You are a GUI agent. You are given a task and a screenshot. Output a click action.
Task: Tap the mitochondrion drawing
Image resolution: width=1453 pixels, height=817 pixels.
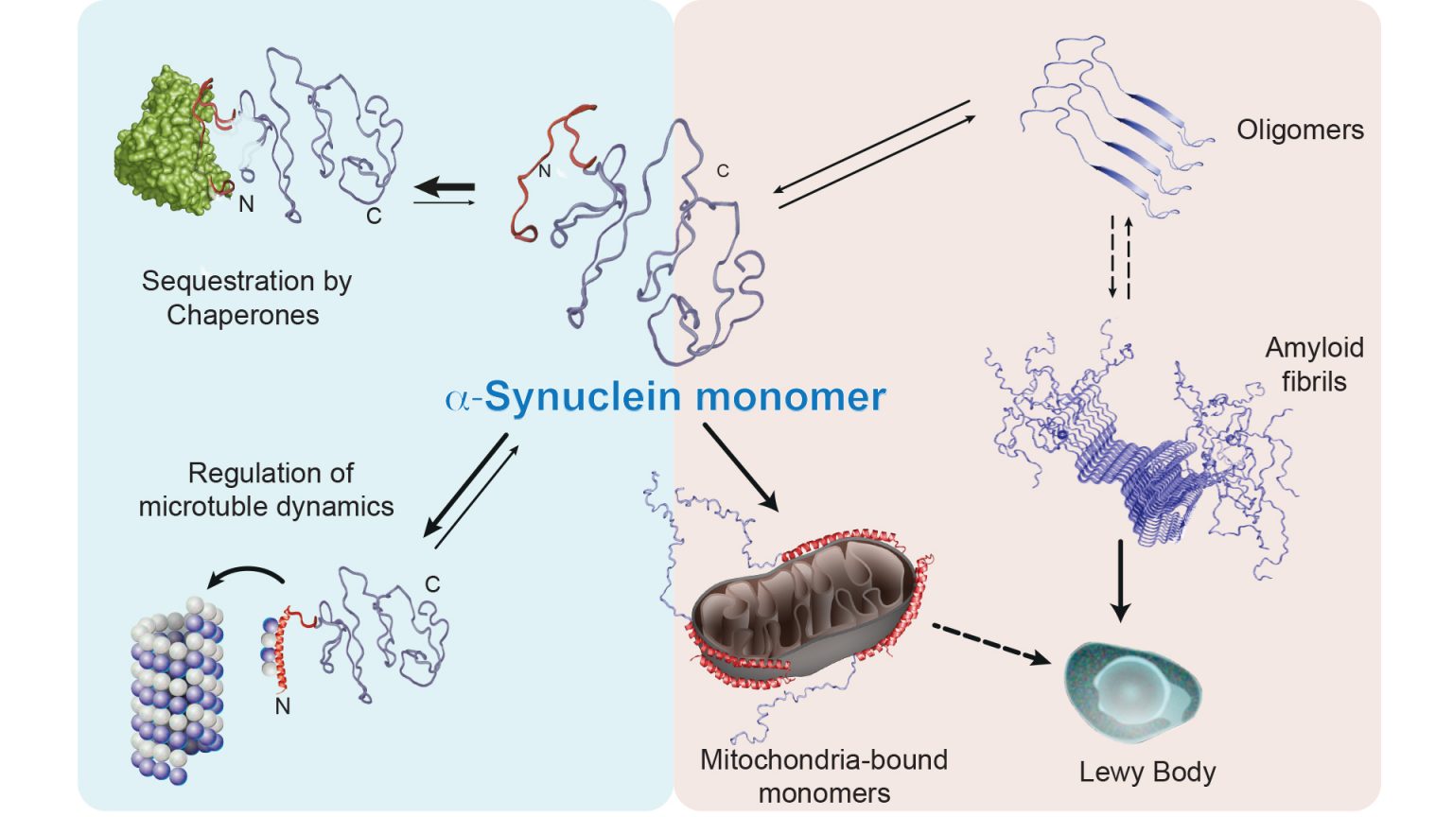(x=804, y=605)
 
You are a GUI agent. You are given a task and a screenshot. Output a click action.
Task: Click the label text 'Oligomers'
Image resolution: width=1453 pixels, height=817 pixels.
(x=1300, y=130)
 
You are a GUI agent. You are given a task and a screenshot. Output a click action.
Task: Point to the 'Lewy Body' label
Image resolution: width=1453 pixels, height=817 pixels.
(x=1147, y=773)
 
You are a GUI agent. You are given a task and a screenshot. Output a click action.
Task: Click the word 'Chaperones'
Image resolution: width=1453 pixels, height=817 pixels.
(x=243, y=315)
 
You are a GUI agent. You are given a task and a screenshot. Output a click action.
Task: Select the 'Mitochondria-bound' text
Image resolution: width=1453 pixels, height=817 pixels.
(x=823, y=760)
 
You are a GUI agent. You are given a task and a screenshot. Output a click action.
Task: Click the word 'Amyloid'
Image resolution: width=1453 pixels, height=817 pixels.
(x=1314, y=348)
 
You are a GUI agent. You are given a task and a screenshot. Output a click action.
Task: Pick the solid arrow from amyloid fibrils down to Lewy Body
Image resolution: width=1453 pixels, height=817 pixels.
(x=1120, y=580)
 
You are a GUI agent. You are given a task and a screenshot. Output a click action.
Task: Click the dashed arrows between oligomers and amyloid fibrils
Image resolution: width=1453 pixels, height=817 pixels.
(x=1120, y=257)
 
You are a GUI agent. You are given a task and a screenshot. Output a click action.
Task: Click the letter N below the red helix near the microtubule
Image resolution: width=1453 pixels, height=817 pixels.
(x=282, y=706)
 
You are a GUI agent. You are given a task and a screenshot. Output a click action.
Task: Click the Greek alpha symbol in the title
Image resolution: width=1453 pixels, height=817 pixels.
(x=457, y=398)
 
